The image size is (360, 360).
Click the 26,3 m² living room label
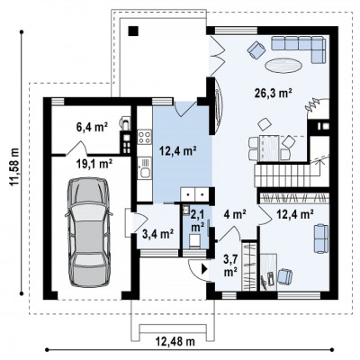point(274,94)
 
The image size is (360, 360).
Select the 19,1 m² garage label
point(93,164)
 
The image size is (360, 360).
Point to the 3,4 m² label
point(158,234)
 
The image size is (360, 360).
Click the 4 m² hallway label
point(235,214)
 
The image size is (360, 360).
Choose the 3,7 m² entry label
point(231,265)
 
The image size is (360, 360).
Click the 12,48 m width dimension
point(175,341)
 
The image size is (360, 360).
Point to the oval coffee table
point(283,66)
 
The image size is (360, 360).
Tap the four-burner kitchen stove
point(144,137)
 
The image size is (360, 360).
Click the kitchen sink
point(145,168)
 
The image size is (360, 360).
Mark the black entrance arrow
point(205,268)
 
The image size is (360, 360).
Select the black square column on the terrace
point(133,31)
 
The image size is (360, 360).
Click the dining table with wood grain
point(269,148)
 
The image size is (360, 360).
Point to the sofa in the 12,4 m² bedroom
point(321,238)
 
